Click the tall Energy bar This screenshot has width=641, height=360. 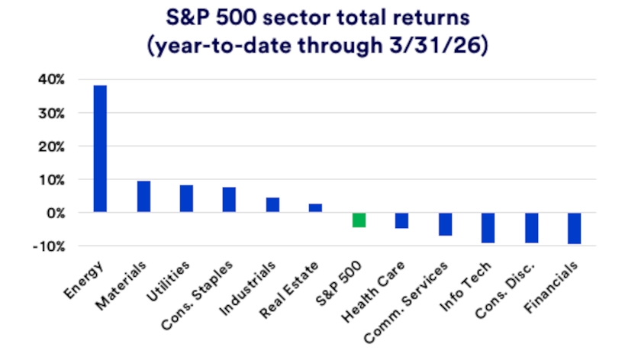[100, 149]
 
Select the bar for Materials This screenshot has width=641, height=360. [143, 197]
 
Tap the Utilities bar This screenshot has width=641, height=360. [186, 199]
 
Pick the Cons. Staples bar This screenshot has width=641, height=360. [229, 200]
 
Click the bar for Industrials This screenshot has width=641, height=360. [272, 205]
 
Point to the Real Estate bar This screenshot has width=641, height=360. [315, 208]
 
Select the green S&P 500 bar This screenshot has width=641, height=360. [359, 220]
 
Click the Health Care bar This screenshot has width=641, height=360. [401, 220]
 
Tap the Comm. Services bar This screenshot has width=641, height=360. [445, 224]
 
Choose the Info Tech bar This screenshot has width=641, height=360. [488, 228]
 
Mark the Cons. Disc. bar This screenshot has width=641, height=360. [531, 228]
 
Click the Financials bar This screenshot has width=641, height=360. [574, 228]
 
